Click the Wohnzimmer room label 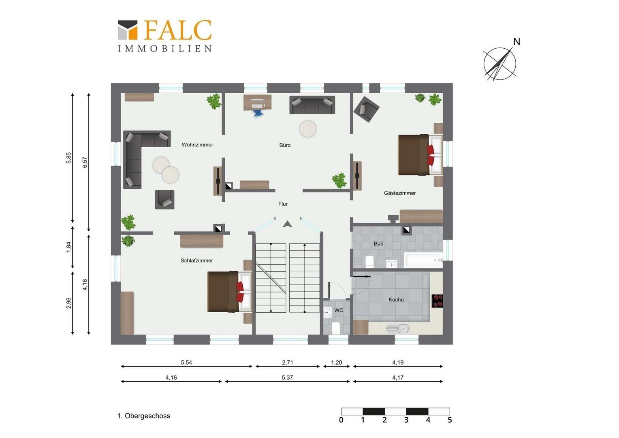(x=197, y=145)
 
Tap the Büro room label (x=285, y=145)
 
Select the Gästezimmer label (x=400, y=193)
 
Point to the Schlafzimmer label (x=197, y=261)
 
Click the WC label (x=339, y=310)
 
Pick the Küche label (x=396, y=300)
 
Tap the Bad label (x=379, y=244)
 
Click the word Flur (x=283, y=204)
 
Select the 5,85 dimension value (x=68, y=158)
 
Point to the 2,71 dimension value (x=287, y=363)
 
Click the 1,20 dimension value (x=337, y=363)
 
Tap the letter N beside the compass (x=517, y=42)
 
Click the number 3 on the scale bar (x=406, y=420)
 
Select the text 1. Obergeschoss (x=144, y=416)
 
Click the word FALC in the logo (x=178, y=30)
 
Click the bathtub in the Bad (x=423, y=260)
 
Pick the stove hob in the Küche (x=437, y=301)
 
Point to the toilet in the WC (x=336, y=328)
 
